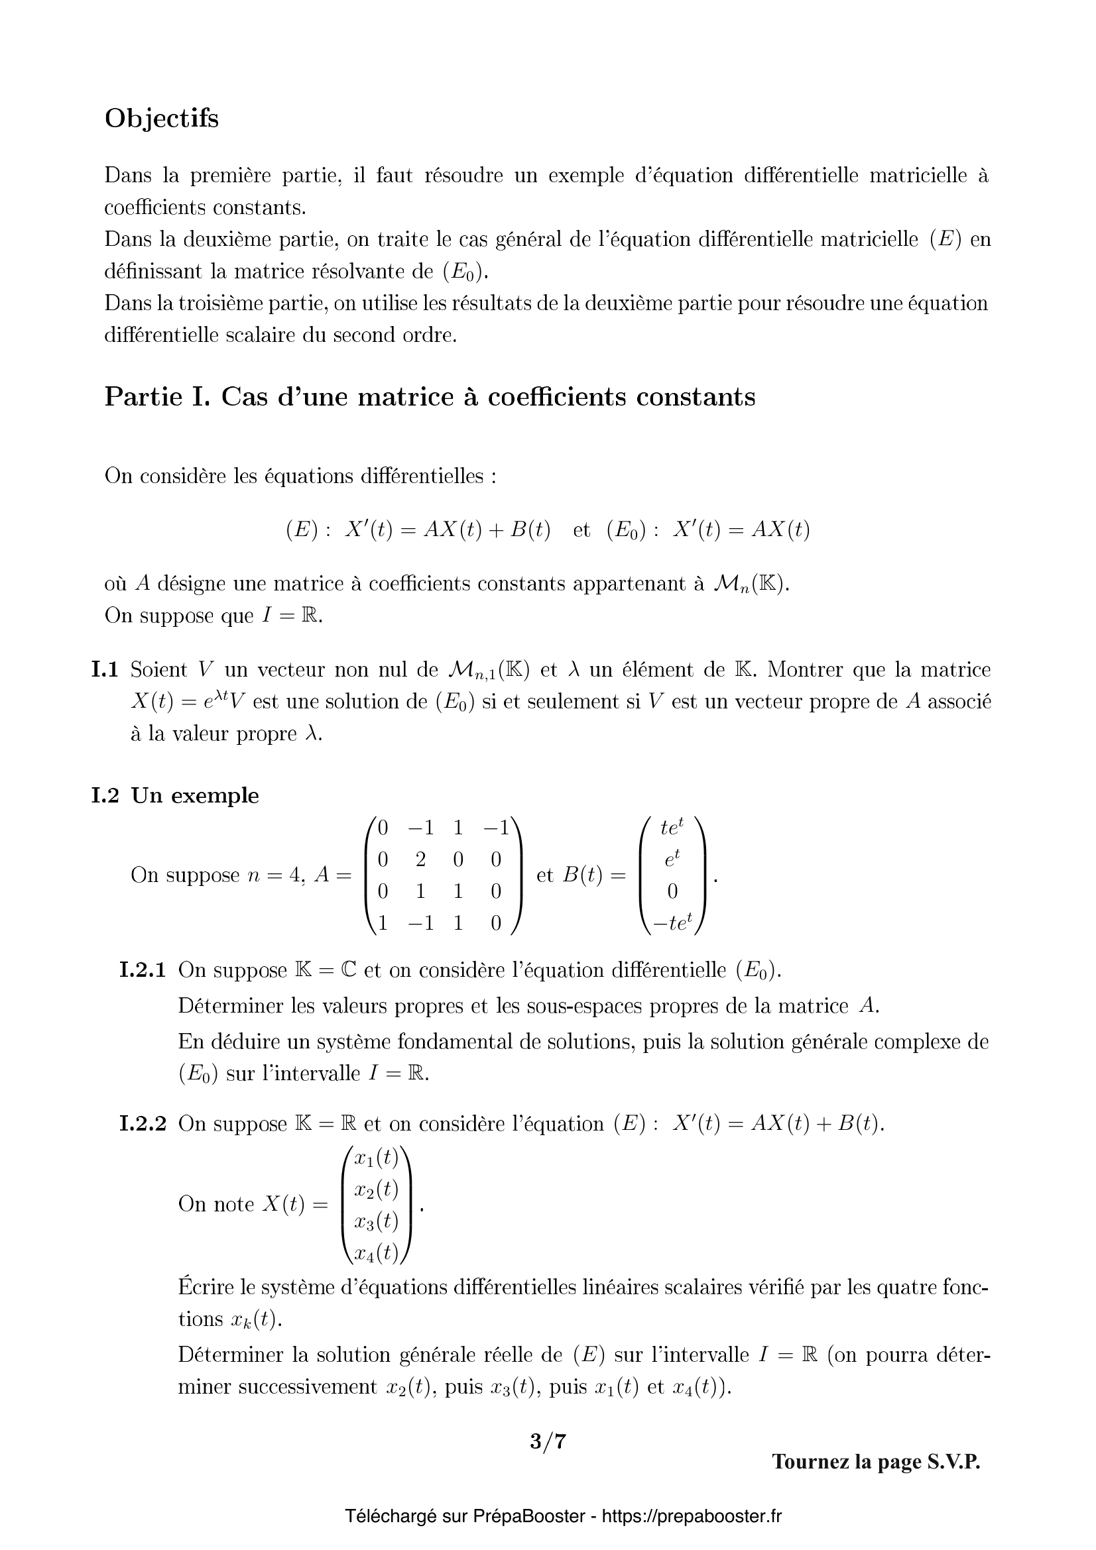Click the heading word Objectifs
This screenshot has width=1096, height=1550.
coord(161,119)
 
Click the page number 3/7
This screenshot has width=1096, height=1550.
coord(548,1441)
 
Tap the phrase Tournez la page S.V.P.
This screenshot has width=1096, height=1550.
coord(876,1462)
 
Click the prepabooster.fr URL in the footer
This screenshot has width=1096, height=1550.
coord(692,1516)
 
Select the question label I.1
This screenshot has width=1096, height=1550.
coord(105,670)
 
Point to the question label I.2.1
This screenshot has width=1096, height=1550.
coord(143,970)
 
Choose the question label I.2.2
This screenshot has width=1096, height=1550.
coord(143,1124)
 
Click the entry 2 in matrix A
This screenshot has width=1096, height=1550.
coord(421,859)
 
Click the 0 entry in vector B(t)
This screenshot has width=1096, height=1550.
coord(672,892)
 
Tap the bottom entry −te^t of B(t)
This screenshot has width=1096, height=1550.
coord(672,924)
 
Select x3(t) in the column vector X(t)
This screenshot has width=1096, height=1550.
coord(376,1221)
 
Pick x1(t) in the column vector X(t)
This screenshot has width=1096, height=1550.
coord(376,1158)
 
